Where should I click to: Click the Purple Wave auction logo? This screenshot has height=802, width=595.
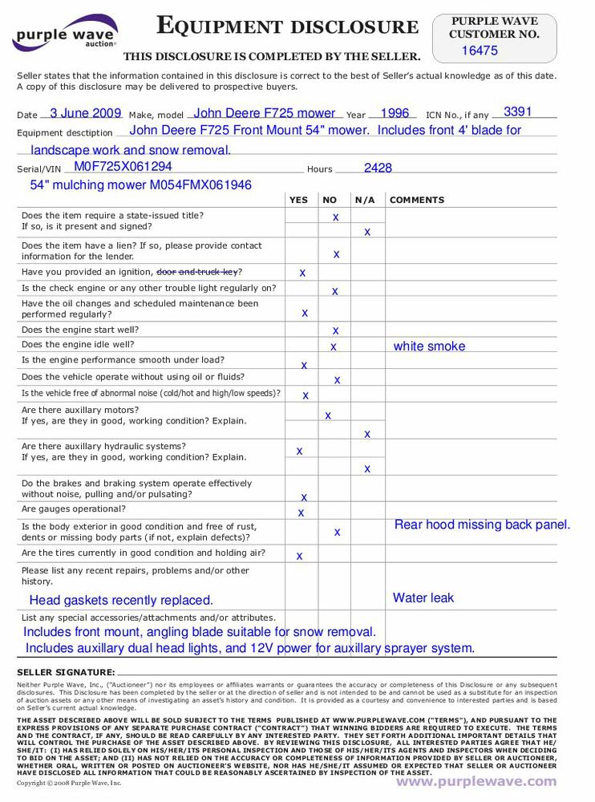(65, 34)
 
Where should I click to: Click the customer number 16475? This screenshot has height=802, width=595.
(480, 51)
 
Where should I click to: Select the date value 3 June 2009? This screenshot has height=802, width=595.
(85, 113)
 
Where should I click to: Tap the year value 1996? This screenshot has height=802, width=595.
(395, 113)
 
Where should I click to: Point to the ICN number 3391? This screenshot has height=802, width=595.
(518, 111)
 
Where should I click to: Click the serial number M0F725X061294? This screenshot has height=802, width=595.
(123, 167)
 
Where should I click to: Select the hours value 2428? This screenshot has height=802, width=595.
(378, 168)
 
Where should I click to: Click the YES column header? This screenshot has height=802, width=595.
(297, 200)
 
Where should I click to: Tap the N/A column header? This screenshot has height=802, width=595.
(365, 200)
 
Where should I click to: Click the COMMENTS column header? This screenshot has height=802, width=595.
(417, 200)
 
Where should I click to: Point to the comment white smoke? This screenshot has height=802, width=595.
(429, 346)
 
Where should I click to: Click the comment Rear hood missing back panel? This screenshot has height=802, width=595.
(482, 525)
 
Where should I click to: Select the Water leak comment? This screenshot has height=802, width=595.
(423, 597)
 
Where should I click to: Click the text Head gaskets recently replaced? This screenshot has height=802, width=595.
(121, 600)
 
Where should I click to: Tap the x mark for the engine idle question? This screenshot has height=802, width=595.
(334, 346)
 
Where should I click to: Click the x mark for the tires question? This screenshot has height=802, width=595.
(299, 556)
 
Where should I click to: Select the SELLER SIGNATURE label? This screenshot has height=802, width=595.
(66, 672)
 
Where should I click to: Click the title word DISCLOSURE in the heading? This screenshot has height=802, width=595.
(354, 28)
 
